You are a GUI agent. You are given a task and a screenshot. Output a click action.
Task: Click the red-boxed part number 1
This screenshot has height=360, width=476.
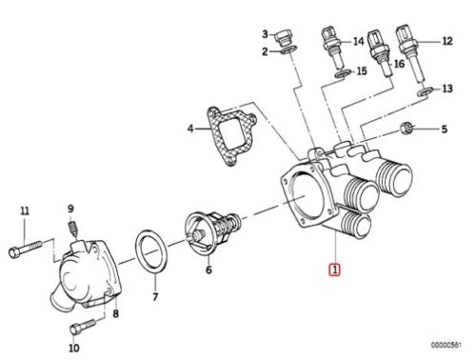(x=334, y=270)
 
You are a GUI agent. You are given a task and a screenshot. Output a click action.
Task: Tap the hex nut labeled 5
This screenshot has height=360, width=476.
(x=406, y=129)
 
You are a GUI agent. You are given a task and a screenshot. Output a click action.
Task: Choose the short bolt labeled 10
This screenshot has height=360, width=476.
(x=83, y=326)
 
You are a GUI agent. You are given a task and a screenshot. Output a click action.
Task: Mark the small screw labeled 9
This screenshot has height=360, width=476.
(x=72, y=230)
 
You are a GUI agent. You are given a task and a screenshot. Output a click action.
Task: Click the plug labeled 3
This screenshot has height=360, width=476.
(x=284, y=37)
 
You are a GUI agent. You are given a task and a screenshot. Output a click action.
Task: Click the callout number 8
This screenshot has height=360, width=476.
(x=116, y=314)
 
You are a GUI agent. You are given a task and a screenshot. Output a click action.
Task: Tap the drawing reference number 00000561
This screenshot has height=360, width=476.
(x=446, y=345)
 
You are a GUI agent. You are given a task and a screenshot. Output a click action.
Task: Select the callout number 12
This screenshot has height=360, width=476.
(x=447, y=41)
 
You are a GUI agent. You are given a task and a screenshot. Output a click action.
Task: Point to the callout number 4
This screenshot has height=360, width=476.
(x=190, y=129)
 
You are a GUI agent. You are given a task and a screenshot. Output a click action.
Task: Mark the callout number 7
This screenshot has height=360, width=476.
(x=155, y=297)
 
